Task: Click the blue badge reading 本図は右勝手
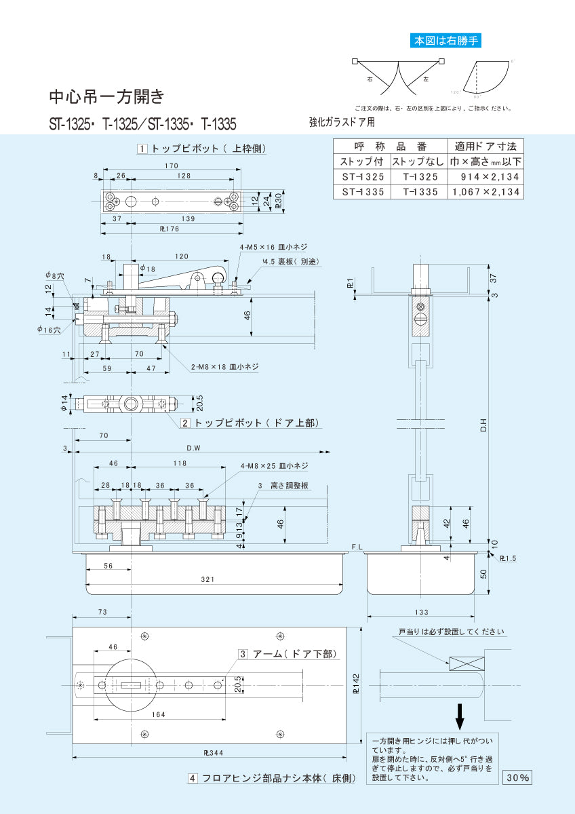point(446,41)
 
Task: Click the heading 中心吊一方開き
point(106,96)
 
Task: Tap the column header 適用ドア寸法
point(486,146)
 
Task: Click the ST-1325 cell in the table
point(362,176)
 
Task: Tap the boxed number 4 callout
point(193,779)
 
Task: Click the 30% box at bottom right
point(517,778)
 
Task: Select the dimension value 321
point(207,579)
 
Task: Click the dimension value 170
point(171,166)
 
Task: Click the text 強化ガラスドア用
point(342,123)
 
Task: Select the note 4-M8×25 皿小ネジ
point(274,466)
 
